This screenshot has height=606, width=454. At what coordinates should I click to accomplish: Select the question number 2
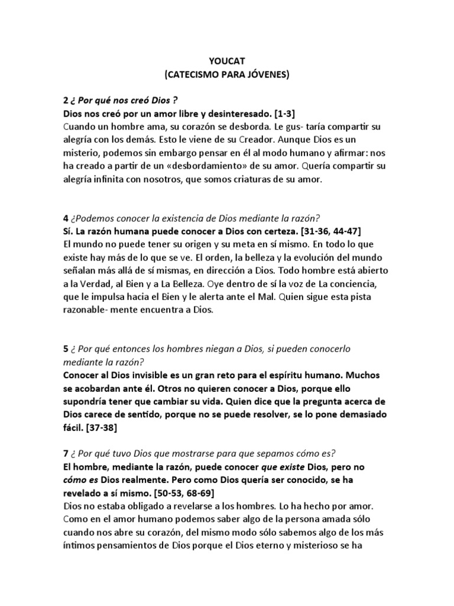65,98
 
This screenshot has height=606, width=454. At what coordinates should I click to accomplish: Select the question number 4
65,216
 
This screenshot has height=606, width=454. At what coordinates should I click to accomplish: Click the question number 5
65,349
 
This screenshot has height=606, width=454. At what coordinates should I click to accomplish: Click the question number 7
65,454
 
